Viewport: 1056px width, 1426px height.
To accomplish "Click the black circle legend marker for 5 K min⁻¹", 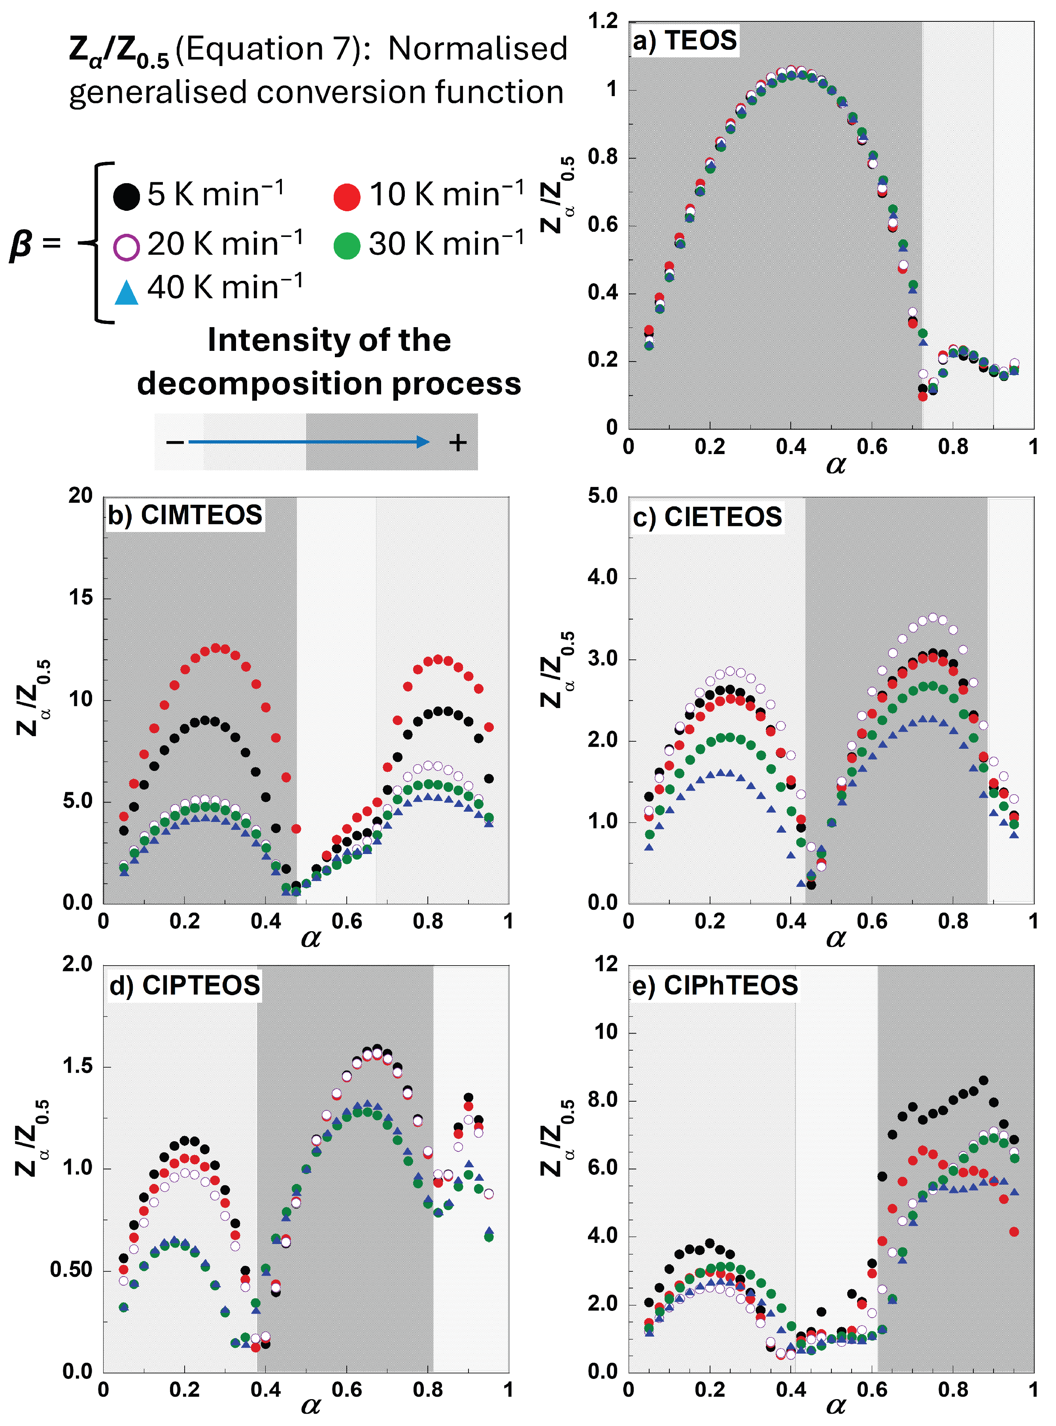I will coord(126,196).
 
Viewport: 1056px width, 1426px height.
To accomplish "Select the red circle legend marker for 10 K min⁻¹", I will coord(347,196).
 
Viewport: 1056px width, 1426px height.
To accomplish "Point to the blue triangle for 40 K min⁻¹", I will coord(126,293).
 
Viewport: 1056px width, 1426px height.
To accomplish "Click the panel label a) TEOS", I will coord(684,40).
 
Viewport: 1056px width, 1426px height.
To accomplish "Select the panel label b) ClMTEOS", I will coord(185,515).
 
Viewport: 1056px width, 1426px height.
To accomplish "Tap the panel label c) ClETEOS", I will coord(707,517).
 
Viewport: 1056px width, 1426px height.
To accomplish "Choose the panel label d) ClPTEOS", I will coord(185,985).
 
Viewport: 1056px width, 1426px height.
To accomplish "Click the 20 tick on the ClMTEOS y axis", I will coord(81,496).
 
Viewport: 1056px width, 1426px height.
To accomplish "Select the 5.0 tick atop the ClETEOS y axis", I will coord(603,496).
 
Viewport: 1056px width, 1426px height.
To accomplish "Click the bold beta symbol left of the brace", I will coord(21,245).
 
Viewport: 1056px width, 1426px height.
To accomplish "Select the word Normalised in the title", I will coord(478,49).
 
